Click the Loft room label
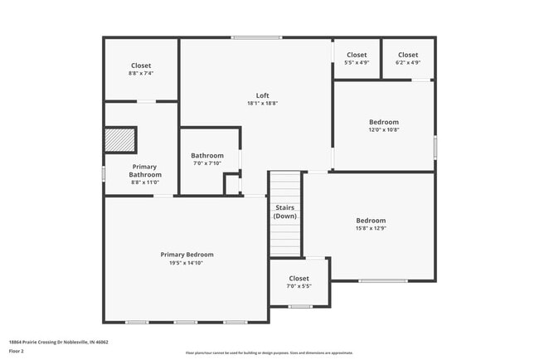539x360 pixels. (262, 95)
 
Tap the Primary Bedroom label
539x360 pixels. (187, 255)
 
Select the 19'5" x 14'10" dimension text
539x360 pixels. (187, 263)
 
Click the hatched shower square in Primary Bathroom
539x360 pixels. (120, 140)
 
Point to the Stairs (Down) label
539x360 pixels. (285, 212)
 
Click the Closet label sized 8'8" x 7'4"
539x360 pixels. (141, 66)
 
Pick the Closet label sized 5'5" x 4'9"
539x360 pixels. (357, 55)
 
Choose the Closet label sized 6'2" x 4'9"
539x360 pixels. (408, 55)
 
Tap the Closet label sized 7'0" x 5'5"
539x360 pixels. (299, 279)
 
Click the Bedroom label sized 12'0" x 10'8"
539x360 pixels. (384, 122)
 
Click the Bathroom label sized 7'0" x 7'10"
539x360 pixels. (207, 155)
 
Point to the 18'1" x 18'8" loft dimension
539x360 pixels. (262, 104)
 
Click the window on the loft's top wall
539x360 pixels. (256, 37)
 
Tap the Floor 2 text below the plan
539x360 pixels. (17, 351)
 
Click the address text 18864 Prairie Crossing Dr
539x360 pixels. (58, 342)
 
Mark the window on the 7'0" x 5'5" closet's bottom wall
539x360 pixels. (300, 306)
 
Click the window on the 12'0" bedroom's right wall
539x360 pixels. (435, 146)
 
